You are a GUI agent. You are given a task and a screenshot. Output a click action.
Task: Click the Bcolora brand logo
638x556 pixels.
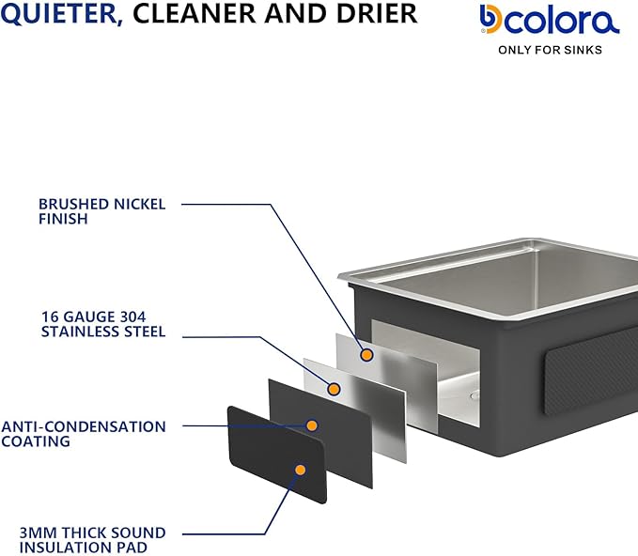(x=550, y=20)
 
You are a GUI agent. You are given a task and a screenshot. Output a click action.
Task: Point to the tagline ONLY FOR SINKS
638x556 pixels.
(x=550, y=50)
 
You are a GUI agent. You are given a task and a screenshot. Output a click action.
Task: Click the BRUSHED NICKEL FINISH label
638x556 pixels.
(x=102, y=211)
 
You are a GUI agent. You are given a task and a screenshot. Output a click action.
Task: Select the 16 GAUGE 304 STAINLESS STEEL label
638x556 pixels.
(x=103, y=324)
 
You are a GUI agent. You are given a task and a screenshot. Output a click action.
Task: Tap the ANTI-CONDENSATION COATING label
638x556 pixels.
(x=84, y=434)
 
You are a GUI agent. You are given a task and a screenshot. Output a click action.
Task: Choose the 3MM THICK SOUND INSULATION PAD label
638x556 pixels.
(x=92, y=540)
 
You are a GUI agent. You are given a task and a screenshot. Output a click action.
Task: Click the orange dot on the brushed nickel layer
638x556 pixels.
(x=366, y=355)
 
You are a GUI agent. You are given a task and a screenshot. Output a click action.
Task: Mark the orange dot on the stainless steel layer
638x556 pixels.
(x=334, y=390)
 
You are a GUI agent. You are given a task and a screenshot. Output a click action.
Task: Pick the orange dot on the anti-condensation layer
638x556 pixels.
(x=312, y=425)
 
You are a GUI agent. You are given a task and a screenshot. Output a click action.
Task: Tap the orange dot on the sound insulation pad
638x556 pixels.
(x=301, y=471)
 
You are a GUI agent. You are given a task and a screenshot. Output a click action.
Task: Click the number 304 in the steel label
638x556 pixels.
(x=132, y=317)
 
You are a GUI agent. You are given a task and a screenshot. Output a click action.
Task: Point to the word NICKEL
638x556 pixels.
(x=140, y=204)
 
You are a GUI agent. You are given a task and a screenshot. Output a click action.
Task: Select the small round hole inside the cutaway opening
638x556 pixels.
(x=474, y=395)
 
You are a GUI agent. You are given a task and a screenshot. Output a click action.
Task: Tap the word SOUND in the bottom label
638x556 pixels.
(x=138, y=533)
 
